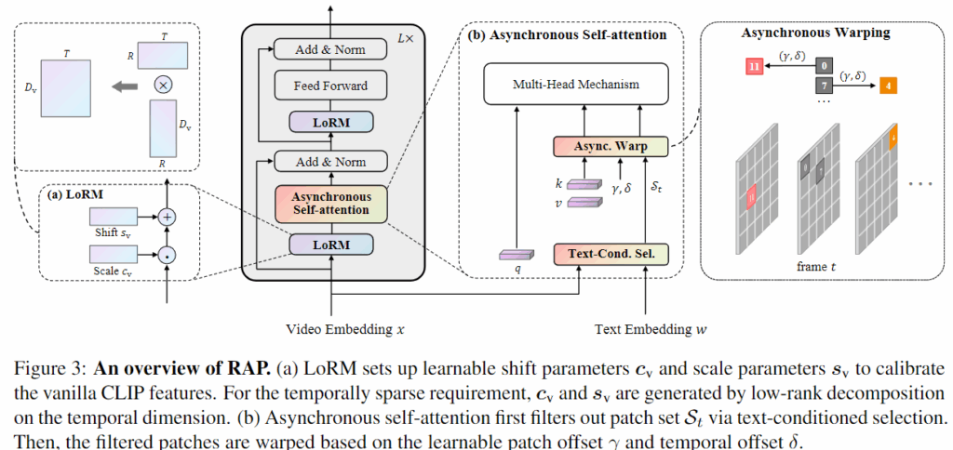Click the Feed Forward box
coord(331,86)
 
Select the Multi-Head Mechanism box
coord(576,85)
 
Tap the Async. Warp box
coord(611,146)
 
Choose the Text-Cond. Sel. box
coord(611,253)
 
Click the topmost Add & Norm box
coord(331,49)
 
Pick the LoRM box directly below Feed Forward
coord(331,122)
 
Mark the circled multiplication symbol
coord(164,84)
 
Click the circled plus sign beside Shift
coord(168,216)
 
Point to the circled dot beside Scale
coord(168,252)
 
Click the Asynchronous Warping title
coord(815,33)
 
